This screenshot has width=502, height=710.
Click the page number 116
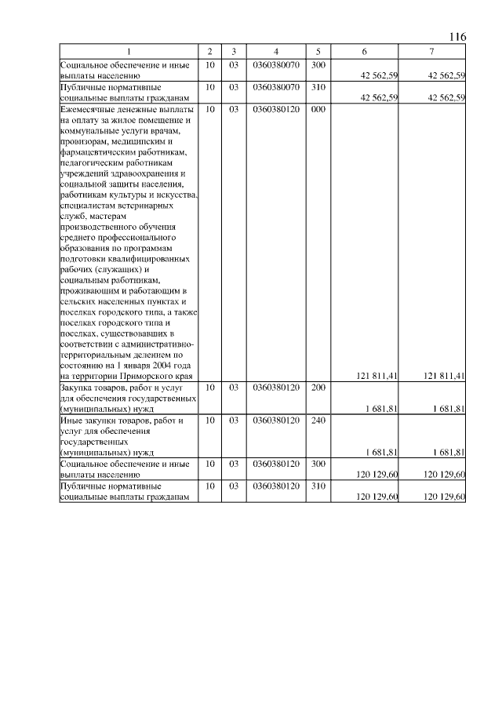[458, 38]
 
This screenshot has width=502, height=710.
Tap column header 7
[432, 52]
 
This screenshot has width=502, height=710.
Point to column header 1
[129, 52]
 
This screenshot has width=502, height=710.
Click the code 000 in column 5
[318, 110]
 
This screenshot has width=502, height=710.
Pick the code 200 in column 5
[318, 387]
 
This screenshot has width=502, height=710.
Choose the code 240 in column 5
[318, 421]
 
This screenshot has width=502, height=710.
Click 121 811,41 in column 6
[377, 376]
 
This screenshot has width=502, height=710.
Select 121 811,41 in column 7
[445, 376]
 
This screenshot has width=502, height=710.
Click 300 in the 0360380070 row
[318, 64]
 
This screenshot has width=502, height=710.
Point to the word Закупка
[78, 387]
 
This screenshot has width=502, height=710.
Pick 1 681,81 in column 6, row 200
[382, 409]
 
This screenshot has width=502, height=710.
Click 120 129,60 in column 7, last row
[445, 497]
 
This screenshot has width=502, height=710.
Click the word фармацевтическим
[99, 152]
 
